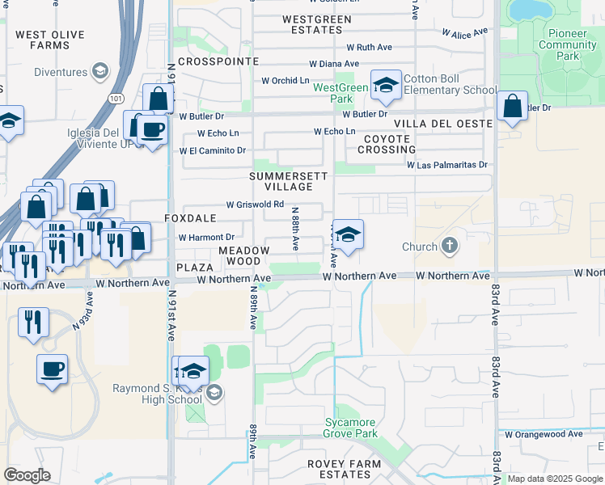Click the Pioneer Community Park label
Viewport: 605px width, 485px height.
coord(568,45)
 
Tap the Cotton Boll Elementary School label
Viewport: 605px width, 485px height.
coord(451,84)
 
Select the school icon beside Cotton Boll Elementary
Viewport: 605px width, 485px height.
coord(387,86)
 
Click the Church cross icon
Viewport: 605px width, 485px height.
coord(450,246)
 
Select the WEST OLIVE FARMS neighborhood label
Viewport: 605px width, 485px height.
coord(54,40)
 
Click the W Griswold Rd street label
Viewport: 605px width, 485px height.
coord(255,205)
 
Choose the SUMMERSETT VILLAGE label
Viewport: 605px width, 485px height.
coord(288,181)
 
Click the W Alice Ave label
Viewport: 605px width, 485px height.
coord(465,32)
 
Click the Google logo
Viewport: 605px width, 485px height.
coord(27,475)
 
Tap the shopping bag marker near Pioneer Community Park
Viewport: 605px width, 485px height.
coord(512,107)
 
